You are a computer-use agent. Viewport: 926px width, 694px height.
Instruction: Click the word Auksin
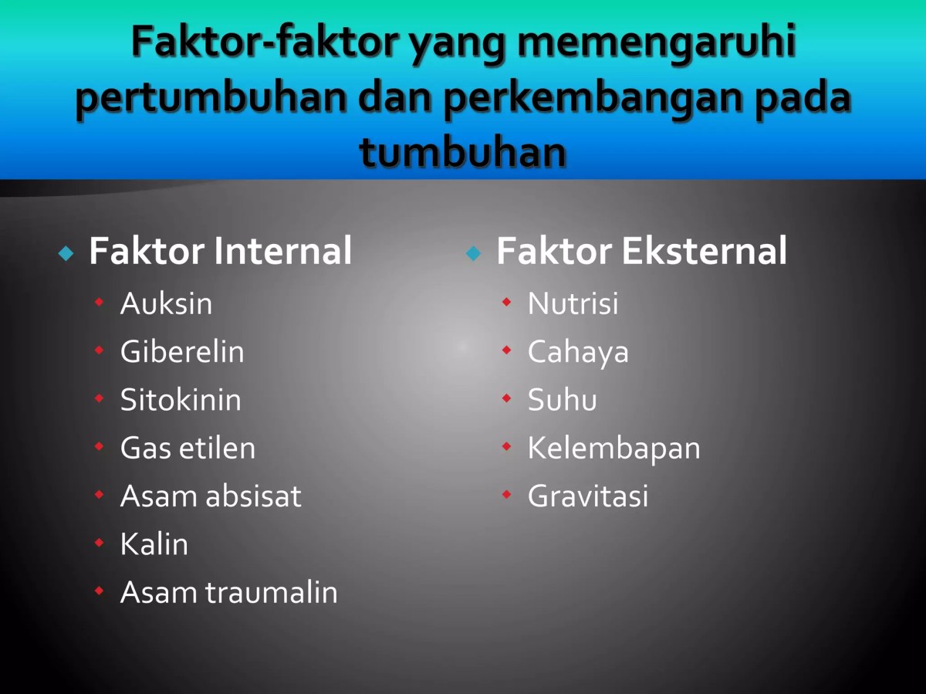click(x=166, y=303)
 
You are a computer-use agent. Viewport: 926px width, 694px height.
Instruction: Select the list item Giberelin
click(x=182, y=352)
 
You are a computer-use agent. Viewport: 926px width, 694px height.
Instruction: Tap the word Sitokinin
click(x=181, y=400)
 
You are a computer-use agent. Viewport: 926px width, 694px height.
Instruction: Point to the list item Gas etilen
click(x=188, y=448)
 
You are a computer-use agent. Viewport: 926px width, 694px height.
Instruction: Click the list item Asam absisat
click(x=211, y=496)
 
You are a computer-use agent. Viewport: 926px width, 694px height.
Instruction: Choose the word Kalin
click(x=154, y=544)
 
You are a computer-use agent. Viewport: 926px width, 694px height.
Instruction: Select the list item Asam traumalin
click(x=229, y=592)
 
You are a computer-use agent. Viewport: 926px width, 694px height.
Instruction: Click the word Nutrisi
click(x=573, y=303)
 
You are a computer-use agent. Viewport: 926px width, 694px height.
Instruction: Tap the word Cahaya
click(x=578, y=352)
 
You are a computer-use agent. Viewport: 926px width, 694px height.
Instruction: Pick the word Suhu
click(x=562, y=400)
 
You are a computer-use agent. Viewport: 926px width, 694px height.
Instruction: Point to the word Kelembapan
click(x=613, y=448)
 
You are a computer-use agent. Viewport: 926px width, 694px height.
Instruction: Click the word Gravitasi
click(x=588, y=496)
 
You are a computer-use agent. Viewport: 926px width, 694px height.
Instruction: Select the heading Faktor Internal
click(x=221, y=251)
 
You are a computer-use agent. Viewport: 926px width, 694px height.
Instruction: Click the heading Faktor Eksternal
click(x=641, y=251)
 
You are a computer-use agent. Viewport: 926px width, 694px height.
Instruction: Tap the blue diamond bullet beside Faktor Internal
click(x=66, y=253)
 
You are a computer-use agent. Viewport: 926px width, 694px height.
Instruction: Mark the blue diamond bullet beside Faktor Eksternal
click(x=473, y=253)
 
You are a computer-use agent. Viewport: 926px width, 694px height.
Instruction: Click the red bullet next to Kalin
click(x=99, y=543)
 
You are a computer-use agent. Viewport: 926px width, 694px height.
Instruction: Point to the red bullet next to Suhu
click(x=506, y=399)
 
